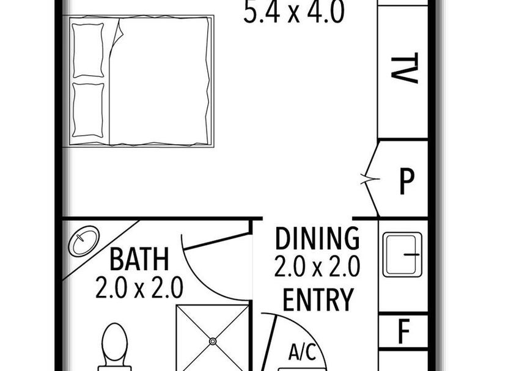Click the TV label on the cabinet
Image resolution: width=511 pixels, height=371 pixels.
coord(404,68)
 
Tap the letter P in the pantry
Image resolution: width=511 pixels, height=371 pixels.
coord(406,182)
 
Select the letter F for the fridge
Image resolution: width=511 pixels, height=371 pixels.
coord(404,331)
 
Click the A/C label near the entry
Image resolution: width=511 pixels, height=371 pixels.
coord(303,352)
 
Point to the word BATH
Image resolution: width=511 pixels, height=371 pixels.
coord(139,260)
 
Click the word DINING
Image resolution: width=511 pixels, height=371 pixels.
coord(317,238)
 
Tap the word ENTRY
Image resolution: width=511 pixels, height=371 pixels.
coord(318,299)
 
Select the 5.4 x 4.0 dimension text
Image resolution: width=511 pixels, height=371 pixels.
coord(294,12)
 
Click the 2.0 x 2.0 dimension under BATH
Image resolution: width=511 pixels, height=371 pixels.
coord(139,287)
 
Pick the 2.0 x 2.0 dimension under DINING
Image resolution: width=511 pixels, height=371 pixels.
coord(317,266)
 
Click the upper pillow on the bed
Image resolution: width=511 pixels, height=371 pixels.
coord(88,50)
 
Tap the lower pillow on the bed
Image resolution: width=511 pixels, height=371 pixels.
coord(88,110)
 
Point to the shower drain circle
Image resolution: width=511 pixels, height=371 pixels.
coord(213,341)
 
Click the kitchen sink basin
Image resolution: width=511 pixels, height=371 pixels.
coord(402,254)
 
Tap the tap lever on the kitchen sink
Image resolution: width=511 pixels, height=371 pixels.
coord(412,254)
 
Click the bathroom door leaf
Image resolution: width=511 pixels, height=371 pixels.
coord(218,241)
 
